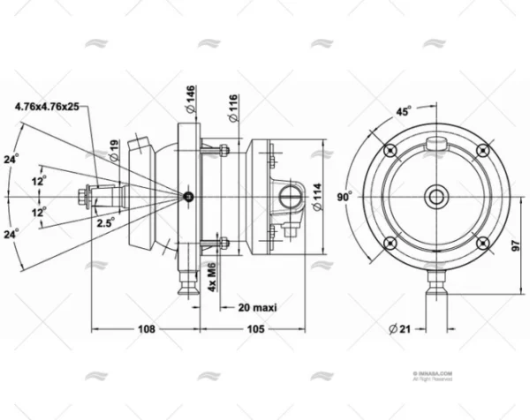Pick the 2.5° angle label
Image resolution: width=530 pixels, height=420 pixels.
[x=105, y=222]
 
